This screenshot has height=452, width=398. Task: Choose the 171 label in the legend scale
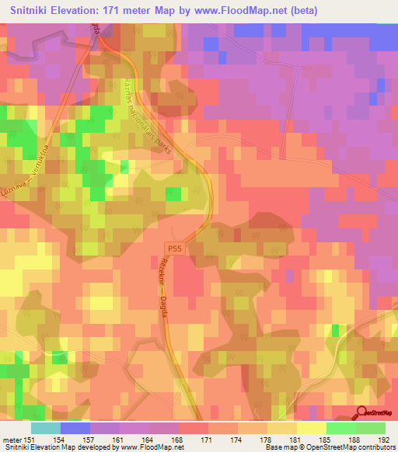(207, 440)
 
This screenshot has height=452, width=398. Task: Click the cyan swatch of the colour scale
(46, 428)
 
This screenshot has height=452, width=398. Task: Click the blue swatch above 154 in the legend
(75, 428)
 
